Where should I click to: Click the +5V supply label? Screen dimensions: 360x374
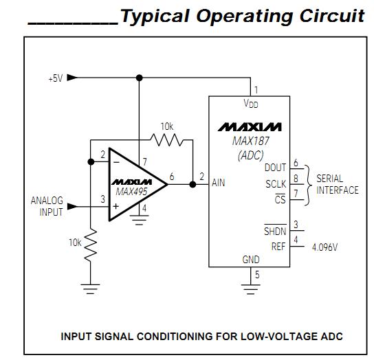click(x=55, y=78)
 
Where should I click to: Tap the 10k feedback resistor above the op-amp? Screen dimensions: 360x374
click(x=167, y=139)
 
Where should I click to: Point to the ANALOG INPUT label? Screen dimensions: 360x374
click(x=46, y=206)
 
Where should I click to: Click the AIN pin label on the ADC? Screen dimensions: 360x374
click(x=219, y=183)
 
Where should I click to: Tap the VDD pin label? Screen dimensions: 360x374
click(x=251, y=104)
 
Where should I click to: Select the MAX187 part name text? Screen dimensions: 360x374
click(x=250, y=142)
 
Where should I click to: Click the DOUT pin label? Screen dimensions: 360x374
click(x=275, y=168)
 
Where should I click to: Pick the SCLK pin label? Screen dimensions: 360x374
click(x=275, y=184)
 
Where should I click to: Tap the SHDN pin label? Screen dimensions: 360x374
click(x=275, y=232)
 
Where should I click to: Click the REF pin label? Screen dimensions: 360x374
click(x=278, y=247)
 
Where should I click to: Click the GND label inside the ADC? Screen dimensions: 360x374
click(x=251, y=260)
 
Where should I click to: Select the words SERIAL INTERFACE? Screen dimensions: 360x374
click(x=337, y=184)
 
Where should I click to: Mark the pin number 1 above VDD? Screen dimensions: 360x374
click(x=256, y=90)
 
